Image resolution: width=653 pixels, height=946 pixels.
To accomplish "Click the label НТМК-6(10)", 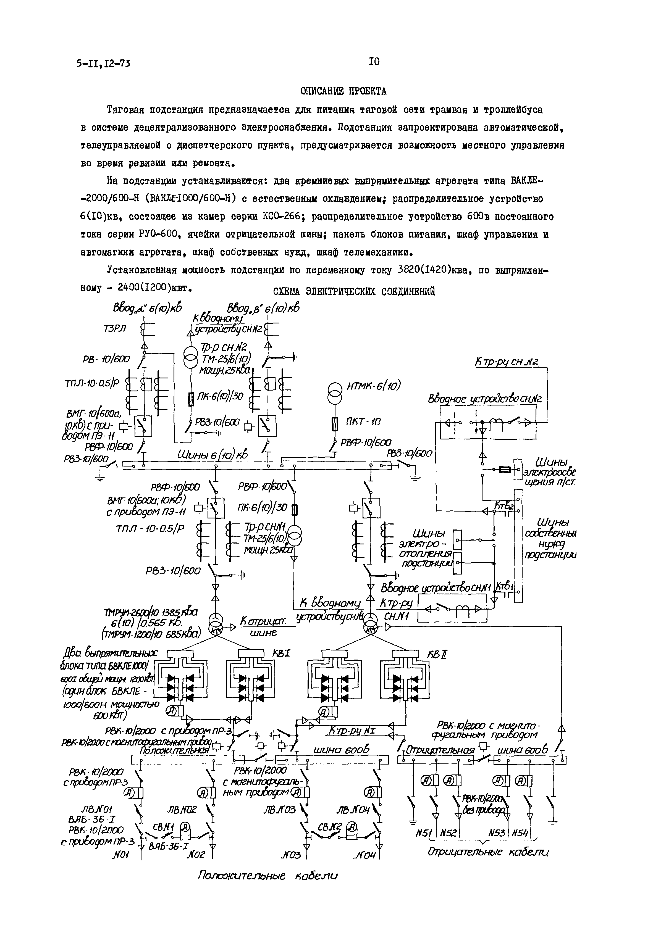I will pos(374,386).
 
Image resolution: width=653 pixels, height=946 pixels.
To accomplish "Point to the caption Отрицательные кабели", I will pos(488,852).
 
